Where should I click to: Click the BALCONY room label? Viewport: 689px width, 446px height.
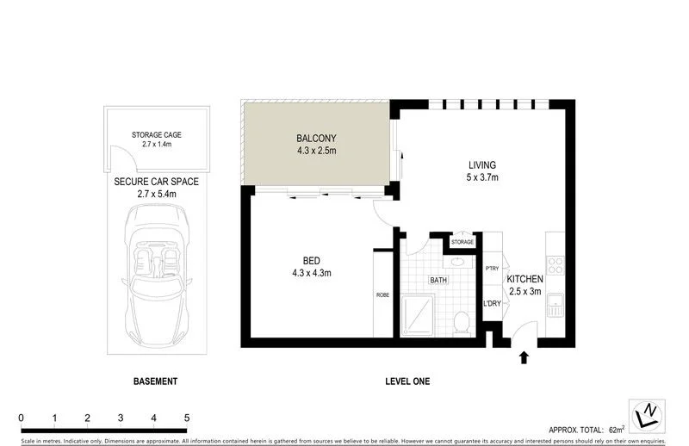pyautogui.click(x=315, y=138)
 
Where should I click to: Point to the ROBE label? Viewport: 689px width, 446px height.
pyautogui.click(x=383, y=295)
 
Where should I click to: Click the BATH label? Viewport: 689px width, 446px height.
pyautogui.click(x=439, y=280)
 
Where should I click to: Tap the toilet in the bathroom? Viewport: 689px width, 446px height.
pyautogui.click(x=462, y=321)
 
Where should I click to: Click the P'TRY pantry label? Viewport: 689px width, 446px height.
pyautogui.click(x=493, y=269)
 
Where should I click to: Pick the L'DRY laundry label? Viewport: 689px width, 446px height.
pyautogui.click(x=493, y=303)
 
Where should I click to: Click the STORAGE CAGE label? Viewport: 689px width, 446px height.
pyautogui.click(x=157, y=135)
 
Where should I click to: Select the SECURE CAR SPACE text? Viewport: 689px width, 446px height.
pyautogui.click(x=157, y=183)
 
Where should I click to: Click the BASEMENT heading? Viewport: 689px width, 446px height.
pyautogui.click(x=156, y=381)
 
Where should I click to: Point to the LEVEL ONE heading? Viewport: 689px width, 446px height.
pyautogui.click(x=407, y=381)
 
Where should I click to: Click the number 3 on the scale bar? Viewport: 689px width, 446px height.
pyautogui.click(x=121, y=418)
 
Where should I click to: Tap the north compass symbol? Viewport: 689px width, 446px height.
pyautogui.click(x=650, y=415)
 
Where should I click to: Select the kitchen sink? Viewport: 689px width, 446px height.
pyautogui.click(x=556, y=304)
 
